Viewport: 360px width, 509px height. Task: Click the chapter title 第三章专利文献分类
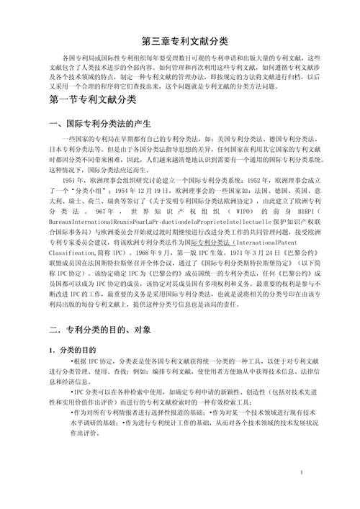pos(179,40)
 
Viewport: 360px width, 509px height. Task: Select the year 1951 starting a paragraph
pos(70,179)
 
